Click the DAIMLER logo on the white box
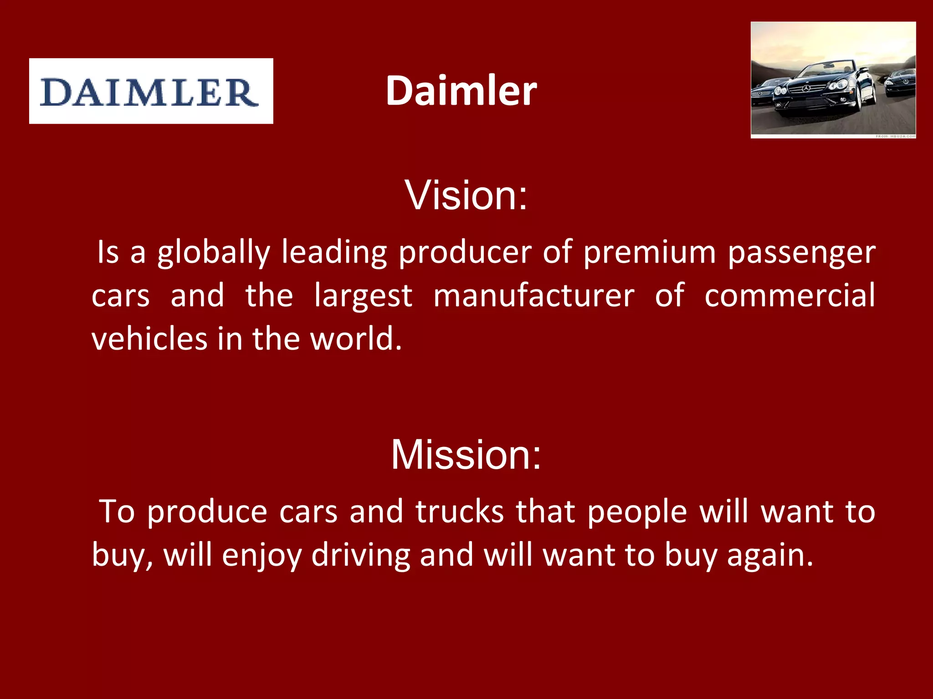coord(150,91)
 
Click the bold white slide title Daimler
coord(461,91)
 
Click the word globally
coord(214,253)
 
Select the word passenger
coord(801,253)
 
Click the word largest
coord(363,296)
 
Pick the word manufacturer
coord(533,295)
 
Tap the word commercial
coord(789,295)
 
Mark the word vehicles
coord(149,339)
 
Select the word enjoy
coord(261,556)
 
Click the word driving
coord(360,556)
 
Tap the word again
coord(769,556)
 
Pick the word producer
coord(465,253)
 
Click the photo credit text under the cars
coord(895,136)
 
